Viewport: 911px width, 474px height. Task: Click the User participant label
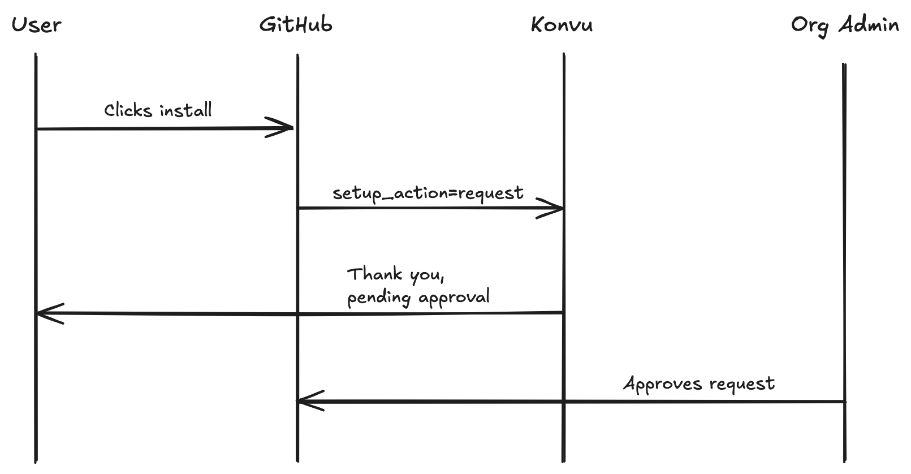tap(36, 25)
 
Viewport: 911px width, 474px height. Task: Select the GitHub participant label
tap(296, 25)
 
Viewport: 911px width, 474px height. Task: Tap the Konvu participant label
tap(562, 25)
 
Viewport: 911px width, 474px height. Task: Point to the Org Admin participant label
tap(845, 25)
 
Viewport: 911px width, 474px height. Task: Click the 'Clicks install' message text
tap(158, 110)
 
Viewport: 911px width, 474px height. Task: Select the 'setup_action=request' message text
tap(428, 193)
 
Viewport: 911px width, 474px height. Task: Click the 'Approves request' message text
tap(699, 384)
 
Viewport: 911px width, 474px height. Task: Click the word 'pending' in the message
tap(378, 298)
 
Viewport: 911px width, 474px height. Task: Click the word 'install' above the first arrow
tap(185, 110)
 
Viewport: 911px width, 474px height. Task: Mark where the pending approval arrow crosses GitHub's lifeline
tap(297, 314)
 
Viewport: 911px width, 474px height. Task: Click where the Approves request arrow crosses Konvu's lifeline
tap(564, 402)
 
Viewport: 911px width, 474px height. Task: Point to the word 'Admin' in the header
tap(869, 25)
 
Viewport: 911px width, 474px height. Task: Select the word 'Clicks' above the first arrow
tap(128, 110)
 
